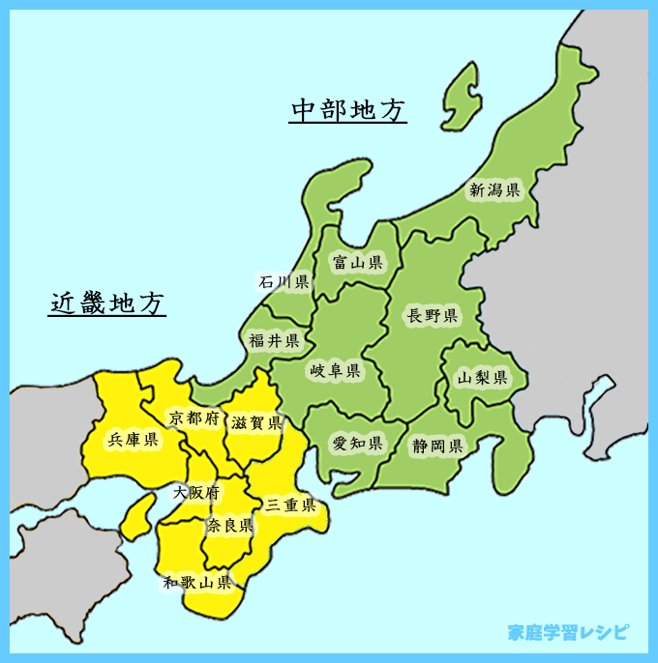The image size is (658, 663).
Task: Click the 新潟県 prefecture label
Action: pos(494,190)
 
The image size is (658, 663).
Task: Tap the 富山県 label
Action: pos(357,262)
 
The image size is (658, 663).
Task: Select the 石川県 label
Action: pos(284,282)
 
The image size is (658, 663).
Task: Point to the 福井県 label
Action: pos(274,340)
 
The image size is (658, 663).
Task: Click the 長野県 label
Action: pos(433,315)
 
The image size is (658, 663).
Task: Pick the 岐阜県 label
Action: pos(335,371)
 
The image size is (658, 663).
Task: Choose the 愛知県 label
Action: pos(358,444)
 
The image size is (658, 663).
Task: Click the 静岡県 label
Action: pos(436,447)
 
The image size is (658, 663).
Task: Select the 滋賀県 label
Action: pos(256,423)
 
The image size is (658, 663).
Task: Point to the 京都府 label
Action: pos(194,418)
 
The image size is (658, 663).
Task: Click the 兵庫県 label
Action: pos(133,440)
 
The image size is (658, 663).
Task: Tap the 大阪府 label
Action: pos(196,493)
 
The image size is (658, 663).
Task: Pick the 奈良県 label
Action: pos(229,526)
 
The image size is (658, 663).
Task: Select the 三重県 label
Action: pos(291,504)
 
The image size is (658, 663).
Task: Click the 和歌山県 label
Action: pos(196,582)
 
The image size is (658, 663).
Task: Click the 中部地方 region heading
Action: pos(348,110)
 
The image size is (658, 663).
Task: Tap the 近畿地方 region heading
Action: pos(107,303)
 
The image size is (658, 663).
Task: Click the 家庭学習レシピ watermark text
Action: pos(567,633)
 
